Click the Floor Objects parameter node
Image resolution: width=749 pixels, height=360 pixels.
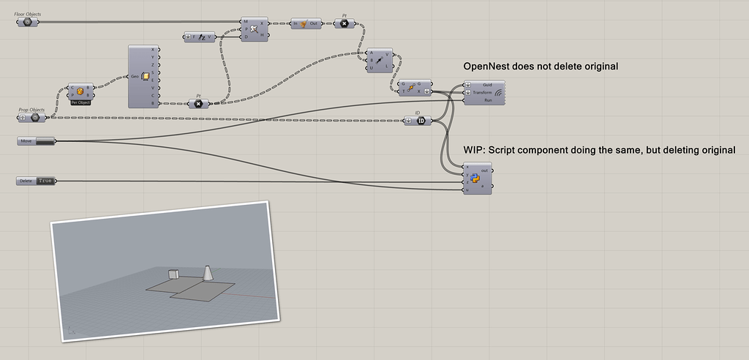[x=27, y=22]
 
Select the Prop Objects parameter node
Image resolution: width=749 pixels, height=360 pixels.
[x=34, y=117]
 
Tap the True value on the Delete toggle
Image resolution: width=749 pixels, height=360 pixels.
[x=46, y=180]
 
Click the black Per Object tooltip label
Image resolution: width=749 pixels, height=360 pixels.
[x=80, y=102]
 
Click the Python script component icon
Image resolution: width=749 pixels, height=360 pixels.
[x=475, y=179]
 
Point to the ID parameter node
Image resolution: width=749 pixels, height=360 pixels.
[x=421, y=121]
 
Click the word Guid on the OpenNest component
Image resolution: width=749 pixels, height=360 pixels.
[x=487, y=86]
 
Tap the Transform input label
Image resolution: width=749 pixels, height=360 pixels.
[x=483, y=93]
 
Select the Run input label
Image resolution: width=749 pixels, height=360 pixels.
[x=488, y=100]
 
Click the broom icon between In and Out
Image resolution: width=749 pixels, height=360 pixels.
[x=305, y=24]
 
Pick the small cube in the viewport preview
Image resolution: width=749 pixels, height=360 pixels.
[x=173, y=274]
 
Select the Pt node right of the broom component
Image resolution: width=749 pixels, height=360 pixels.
[x=345, y=24]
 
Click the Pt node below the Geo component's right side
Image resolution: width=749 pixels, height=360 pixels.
[x=198, y=104]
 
